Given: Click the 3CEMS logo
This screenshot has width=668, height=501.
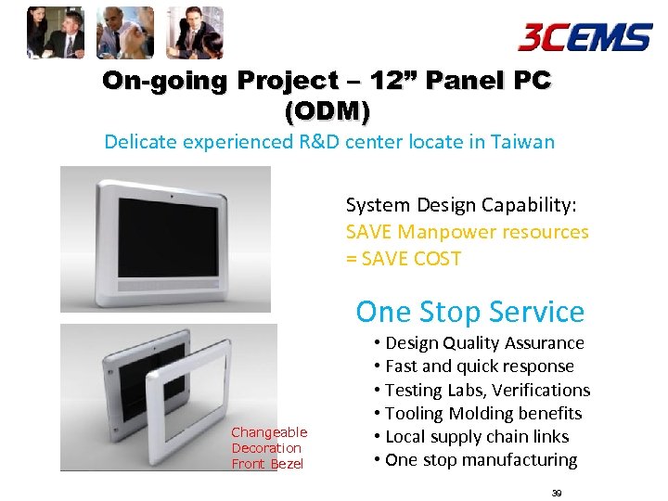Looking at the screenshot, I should [x=584, y=37].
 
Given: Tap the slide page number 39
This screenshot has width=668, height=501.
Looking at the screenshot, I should [x=557, y=493].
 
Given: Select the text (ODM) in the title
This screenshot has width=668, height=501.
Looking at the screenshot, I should [x=328, y=112].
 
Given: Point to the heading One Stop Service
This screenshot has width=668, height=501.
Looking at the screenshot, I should [x=469, y=312].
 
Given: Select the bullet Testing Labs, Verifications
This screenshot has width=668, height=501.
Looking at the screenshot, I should [x=482, y=390].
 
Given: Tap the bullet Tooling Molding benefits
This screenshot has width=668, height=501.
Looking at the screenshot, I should [x=478, y=413].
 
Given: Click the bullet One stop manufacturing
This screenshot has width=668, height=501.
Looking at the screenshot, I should [x=475, y=459].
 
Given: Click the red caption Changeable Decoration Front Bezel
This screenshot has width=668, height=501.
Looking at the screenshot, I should [x=269, y=448].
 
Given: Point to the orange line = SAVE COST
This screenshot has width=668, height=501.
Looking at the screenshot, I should [x=404, y=259].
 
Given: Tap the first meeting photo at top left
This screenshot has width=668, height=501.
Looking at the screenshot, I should [x=55, y=32].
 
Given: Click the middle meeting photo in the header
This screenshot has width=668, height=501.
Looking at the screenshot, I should [x=124, y=32].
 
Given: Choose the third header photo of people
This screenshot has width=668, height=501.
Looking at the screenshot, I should [x=194, y=32].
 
